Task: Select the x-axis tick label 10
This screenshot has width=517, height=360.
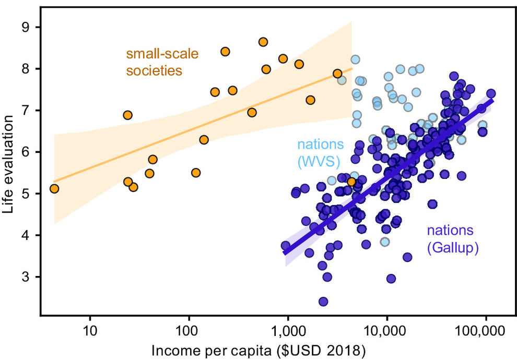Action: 90,331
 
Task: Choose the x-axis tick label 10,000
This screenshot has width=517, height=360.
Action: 386,331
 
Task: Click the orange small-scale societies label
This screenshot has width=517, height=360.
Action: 154,62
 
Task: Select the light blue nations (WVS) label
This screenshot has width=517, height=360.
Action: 321,152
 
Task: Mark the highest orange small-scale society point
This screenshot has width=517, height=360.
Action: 263,42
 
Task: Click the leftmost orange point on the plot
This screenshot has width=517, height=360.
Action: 54,188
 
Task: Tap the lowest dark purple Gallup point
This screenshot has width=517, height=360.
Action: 323,302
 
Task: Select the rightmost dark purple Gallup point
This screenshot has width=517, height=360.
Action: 491,93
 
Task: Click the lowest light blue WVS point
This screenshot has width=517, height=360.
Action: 385,242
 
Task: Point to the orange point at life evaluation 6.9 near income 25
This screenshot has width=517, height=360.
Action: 127,115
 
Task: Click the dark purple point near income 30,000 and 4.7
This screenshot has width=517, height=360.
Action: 432,203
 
